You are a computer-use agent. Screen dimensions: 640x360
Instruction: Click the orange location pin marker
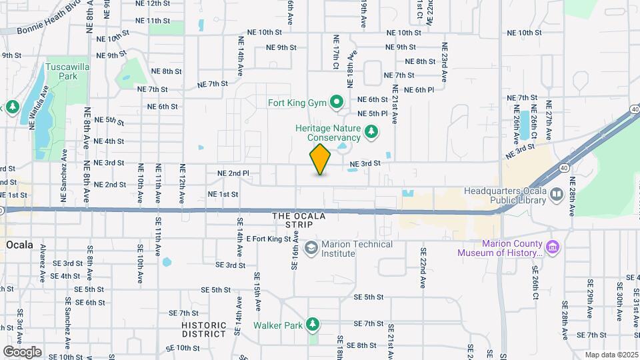coord(321,159)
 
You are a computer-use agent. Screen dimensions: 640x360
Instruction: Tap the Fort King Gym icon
coord(337,103)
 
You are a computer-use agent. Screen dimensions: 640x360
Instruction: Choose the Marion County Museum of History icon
coord(553,247)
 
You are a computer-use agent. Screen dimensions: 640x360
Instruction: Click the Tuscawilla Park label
coord(61,71)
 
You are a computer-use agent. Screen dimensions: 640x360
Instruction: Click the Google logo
coord(21,352)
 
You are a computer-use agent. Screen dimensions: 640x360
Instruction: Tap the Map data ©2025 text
coord(611,355)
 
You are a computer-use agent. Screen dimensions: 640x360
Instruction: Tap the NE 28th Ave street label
coord(572,202)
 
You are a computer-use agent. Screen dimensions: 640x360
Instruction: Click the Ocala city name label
coord(19,245)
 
